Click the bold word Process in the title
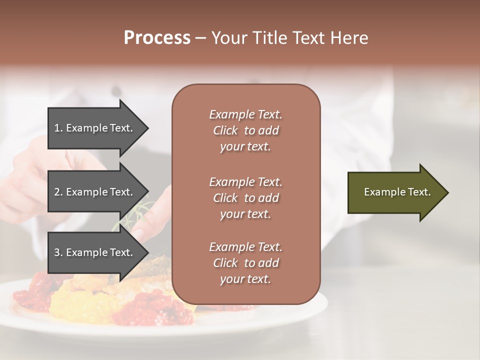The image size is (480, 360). click(157, 38)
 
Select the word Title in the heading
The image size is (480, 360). click(267, 38)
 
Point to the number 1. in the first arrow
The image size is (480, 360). click(58, 128)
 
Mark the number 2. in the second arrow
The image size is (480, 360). click(58, 192)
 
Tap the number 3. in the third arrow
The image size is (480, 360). click(58, 252)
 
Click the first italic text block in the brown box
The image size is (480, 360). click(245, 130)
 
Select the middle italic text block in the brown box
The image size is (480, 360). click(245, 198)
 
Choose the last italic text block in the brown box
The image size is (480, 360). click(245, 263)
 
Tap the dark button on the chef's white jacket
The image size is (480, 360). click(116, 91)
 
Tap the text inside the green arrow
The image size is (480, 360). click(397, 192)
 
